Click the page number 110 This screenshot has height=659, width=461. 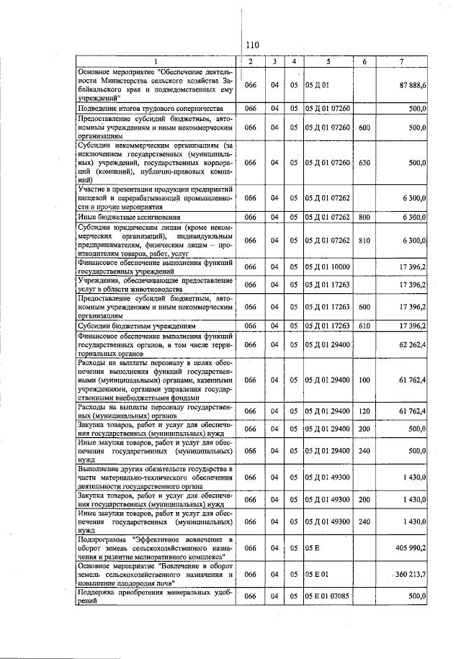coord(251,45)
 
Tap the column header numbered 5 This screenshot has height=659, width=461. coord(328,62)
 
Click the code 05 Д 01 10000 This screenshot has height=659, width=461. coord(328,267)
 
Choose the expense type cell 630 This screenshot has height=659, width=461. coord(364,163)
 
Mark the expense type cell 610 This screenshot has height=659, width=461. coord(364,326)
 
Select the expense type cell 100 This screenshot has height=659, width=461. coord(364,380)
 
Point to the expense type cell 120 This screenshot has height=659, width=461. coord(364,411)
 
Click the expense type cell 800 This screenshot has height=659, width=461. coord(364,216)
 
